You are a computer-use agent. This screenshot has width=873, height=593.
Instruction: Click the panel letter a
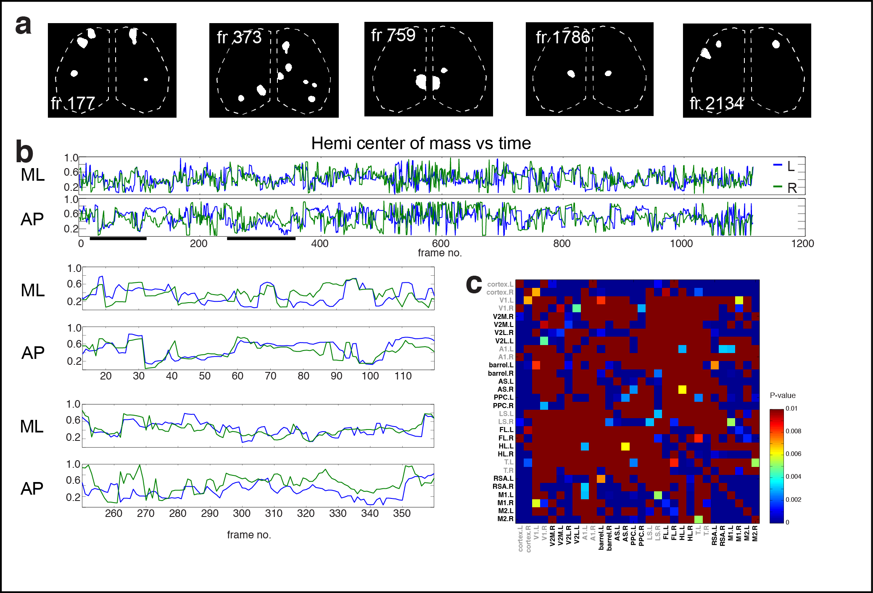[x=23, y=25]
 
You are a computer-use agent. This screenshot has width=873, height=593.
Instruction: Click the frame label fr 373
[x=239, y=37]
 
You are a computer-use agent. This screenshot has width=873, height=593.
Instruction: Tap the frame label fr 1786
[x=563, y=37]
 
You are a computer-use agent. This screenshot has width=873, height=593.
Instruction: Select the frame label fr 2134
[x=717, y=103]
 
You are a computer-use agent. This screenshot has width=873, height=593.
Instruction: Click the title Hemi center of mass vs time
[x=421, y=143]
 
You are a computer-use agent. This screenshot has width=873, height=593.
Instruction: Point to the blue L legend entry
[x=784, y=166]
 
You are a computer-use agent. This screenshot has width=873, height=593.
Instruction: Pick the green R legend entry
[x=785, y=187]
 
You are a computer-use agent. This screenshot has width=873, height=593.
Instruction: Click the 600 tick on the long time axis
[x=440, y=243]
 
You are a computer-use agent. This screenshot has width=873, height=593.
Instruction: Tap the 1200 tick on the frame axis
[x=802, y=243]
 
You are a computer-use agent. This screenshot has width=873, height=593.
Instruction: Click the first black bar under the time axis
[x=118, y=239]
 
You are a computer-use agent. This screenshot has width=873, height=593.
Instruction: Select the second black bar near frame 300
[x=261, y=239]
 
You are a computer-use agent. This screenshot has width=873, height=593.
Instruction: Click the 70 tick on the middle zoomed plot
[x=270, y=376]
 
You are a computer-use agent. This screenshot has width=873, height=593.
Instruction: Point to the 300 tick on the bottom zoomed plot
[x=242, y=513]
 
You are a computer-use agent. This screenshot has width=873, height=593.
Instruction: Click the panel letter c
[x=474, y=285]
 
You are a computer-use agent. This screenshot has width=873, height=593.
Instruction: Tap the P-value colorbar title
[x=782, y=395]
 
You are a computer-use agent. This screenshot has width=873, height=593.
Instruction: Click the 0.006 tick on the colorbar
[x=793, y=454]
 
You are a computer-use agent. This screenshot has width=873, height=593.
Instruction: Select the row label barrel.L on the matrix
[x=501, y=365]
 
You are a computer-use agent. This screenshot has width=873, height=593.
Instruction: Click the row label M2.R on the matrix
[x=505, y=519]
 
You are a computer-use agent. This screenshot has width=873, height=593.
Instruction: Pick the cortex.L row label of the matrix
[x=500, y=284]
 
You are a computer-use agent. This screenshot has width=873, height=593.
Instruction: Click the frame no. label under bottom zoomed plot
[x=249, y=535]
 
